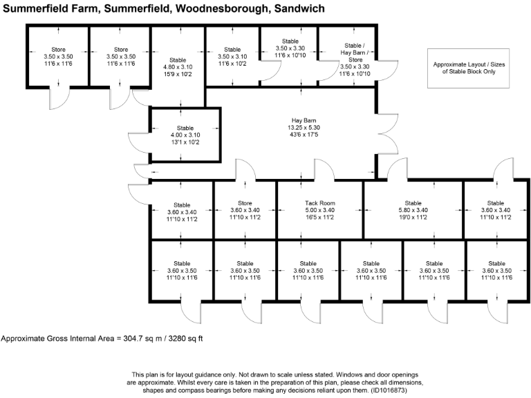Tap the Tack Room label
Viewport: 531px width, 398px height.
(x=320, y=203)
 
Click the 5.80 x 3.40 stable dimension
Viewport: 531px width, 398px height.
(x=413, y=210)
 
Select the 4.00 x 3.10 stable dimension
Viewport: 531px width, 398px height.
(x=185, y=135)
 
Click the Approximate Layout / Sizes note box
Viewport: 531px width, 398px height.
(x=465, y=68)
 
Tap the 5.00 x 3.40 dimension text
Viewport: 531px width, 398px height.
(x=320, y=210)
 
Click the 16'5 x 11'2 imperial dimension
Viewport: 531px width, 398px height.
(x=320, y=218)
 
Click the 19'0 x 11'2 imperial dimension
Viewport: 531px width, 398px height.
(x=413, y=218)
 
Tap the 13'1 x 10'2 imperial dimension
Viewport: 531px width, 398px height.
(x=185, y=143)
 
